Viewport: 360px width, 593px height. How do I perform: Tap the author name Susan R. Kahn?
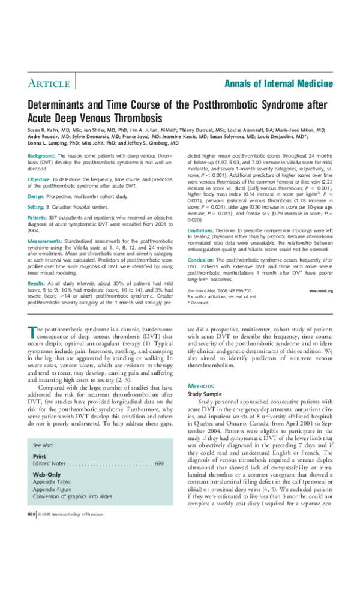[45, 130]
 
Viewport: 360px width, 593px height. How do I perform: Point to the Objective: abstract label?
[40, 179]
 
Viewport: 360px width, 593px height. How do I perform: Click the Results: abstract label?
[37, 283]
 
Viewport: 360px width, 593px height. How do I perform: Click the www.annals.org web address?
[321, 290]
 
